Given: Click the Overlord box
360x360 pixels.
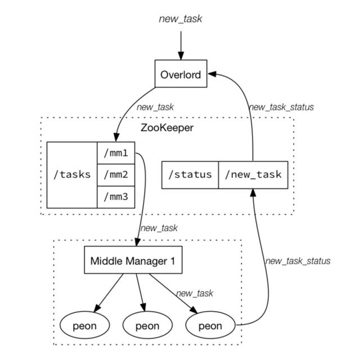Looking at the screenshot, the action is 181,74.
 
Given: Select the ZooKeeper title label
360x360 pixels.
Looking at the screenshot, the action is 167,128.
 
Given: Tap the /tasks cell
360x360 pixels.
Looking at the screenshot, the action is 72,175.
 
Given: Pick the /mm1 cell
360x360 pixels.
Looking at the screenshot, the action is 116,153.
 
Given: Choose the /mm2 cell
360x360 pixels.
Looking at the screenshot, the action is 116,175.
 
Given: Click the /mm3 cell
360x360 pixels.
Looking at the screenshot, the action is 116,197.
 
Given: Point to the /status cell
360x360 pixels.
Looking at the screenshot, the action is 190,175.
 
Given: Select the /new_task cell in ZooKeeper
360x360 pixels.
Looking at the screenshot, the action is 253,175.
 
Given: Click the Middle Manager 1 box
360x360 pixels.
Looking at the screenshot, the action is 133,260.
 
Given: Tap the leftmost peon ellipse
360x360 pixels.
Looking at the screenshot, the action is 85,325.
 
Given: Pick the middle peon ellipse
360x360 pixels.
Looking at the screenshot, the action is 147,325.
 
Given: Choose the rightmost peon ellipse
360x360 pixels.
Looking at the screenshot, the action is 210,325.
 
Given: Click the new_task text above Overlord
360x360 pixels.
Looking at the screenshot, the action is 181,19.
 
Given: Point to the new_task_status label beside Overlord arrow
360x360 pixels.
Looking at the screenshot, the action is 281,107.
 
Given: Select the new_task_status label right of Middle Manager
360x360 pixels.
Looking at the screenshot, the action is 298,261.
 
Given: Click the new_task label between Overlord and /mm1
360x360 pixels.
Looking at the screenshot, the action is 155,107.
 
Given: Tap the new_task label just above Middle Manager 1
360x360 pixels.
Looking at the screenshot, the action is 159,228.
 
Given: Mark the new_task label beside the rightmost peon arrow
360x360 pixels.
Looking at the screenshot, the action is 195,294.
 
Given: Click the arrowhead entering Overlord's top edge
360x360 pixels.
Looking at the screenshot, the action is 181,56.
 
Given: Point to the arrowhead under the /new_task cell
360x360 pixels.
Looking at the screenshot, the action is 253,192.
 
